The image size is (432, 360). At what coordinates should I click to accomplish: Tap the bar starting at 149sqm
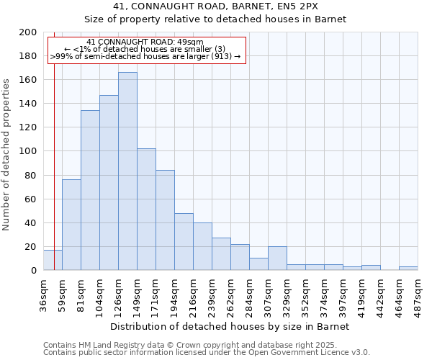click(x=146, y=210)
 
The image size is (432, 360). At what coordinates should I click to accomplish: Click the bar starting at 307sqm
click(x=277, y=258)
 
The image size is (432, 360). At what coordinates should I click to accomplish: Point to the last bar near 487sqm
click(x=408, y=269)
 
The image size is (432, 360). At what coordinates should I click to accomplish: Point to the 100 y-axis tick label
click(x=28, y=151)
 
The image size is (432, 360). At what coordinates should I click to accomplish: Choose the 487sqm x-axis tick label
click(x=418, y=293)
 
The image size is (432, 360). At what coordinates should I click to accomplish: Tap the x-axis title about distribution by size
click(x=230, y=326)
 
